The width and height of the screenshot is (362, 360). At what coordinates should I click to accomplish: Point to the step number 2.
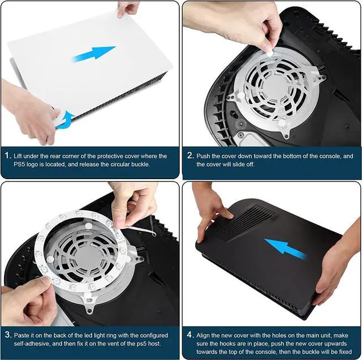[189, 155]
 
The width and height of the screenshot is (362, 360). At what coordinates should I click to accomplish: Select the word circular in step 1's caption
[125, 164]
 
